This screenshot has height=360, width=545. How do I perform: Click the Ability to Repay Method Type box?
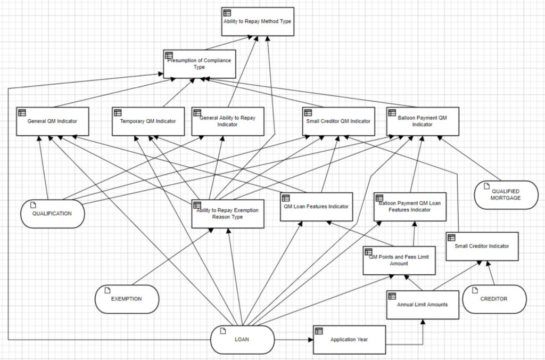tap(258, 21)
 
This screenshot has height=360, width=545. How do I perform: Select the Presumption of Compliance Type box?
tap(200, 64)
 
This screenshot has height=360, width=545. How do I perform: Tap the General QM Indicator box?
tap(53, 121)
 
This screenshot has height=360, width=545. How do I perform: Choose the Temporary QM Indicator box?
tap(148, 121)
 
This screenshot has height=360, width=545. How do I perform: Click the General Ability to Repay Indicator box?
tap(228, 121)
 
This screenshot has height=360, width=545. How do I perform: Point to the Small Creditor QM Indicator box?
tap(338, 121)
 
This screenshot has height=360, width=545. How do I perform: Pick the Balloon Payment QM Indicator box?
tap(423, 121)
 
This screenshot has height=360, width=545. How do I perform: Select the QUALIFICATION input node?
tap(53, 214)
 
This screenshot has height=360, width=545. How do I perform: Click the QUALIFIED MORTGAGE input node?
tap(506, 195)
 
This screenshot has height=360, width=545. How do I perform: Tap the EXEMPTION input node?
tap(127, 299)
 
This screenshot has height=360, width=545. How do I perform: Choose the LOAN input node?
tap(242, 340)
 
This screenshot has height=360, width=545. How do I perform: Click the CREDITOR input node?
tap(494, 299)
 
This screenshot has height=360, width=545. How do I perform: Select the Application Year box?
tap(349, 340)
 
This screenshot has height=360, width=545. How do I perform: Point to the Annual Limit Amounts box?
tap(423, 305)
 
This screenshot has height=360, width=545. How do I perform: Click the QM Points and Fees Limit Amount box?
tap(399, 260)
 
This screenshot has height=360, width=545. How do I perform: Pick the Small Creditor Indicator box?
tap(482, 246)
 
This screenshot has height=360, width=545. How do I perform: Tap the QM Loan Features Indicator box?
tap(316, 207)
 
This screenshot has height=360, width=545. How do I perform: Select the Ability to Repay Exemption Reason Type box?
tap(228, 214)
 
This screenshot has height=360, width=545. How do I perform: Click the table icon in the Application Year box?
tap(319, 331)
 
